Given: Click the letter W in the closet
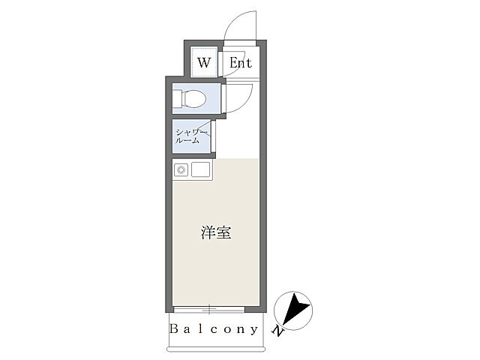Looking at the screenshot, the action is (204, 63).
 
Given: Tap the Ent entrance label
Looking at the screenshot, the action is (241, 63).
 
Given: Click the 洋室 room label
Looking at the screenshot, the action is (216, 232).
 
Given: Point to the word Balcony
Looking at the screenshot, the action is (214, 329).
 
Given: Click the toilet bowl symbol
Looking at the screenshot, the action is (194, 98).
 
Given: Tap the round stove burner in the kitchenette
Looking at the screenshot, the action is (181, 169).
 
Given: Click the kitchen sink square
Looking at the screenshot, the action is (201, 169).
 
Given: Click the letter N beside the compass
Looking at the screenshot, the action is (277, 331).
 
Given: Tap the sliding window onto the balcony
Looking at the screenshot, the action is (209, 310).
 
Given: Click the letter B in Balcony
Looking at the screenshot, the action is (173, 328).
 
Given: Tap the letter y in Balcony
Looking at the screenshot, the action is (254, 330).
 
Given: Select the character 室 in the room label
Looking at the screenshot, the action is (224, 232).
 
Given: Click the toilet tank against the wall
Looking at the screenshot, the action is (178, 98).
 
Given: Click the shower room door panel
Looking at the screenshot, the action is (213, 136).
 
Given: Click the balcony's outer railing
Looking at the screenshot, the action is (216, 349).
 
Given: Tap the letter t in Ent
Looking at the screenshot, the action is (249, 63).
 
